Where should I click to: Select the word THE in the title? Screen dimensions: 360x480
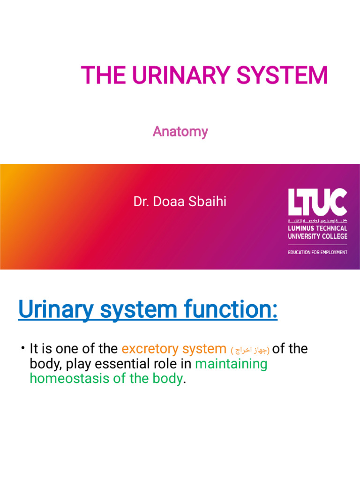(x=97, y=75)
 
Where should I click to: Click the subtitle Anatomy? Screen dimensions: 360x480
(x=180, y=132)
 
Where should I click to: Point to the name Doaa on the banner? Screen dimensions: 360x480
(x=167, y=202)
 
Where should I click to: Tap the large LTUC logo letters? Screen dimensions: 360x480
(x=317, y=202)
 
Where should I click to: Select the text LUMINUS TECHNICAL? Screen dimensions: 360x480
(x=317, y=228)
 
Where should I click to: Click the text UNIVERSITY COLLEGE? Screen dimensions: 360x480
(x=317, y=236)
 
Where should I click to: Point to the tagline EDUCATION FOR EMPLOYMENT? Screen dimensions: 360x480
(x=317, y=252)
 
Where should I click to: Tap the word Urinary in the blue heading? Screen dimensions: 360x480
(x=55, y=310)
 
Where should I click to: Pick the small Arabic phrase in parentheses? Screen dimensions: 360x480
(x=250, y=350)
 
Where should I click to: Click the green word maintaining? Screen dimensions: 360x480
(x=231, y=364)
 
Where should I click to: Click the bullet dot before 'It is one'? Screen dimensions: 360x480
(x=22, y=347)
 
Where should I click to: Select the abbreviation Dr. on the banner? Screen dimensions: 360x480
(x=140, y=202)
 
